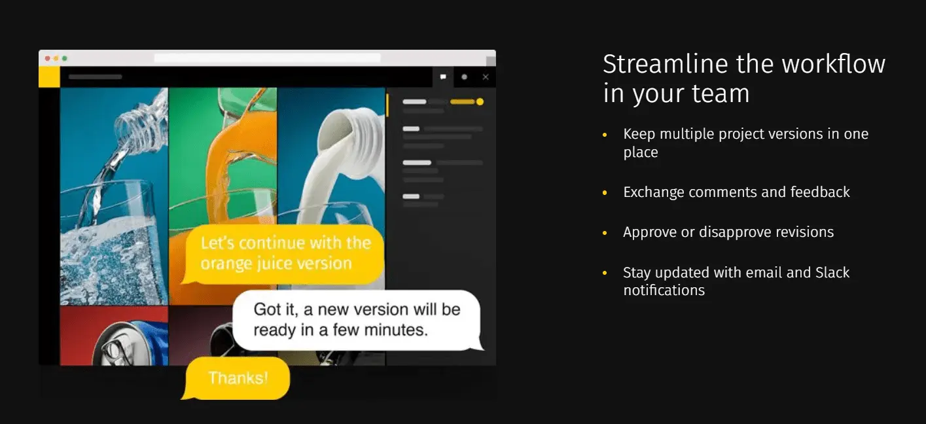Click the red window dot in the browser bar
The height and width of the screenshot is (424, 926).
click(48, 58)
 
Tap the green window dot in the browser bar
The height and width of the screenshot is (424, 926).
click(65, 58)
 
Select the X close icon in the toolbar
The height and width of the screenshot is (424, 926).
click(486, 77)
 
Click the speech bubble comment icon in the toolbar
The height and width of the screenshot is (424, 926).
click(443, 77)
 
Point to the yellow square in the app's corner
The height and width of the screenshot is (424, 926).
click(49, 77)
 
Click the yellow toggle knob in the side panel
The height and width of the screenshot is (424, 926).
click(480, 101)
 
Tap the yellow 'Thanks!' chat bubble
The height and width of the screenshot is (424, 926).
click(236, 378)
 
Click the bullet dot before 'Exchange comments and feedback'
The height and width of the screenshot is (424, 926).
click(605, 192)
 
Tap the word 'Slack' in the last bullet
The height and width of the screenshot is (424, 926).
click(832, 272)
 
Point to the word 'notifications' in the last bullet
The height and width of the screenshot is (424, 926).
click(664, 290)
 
